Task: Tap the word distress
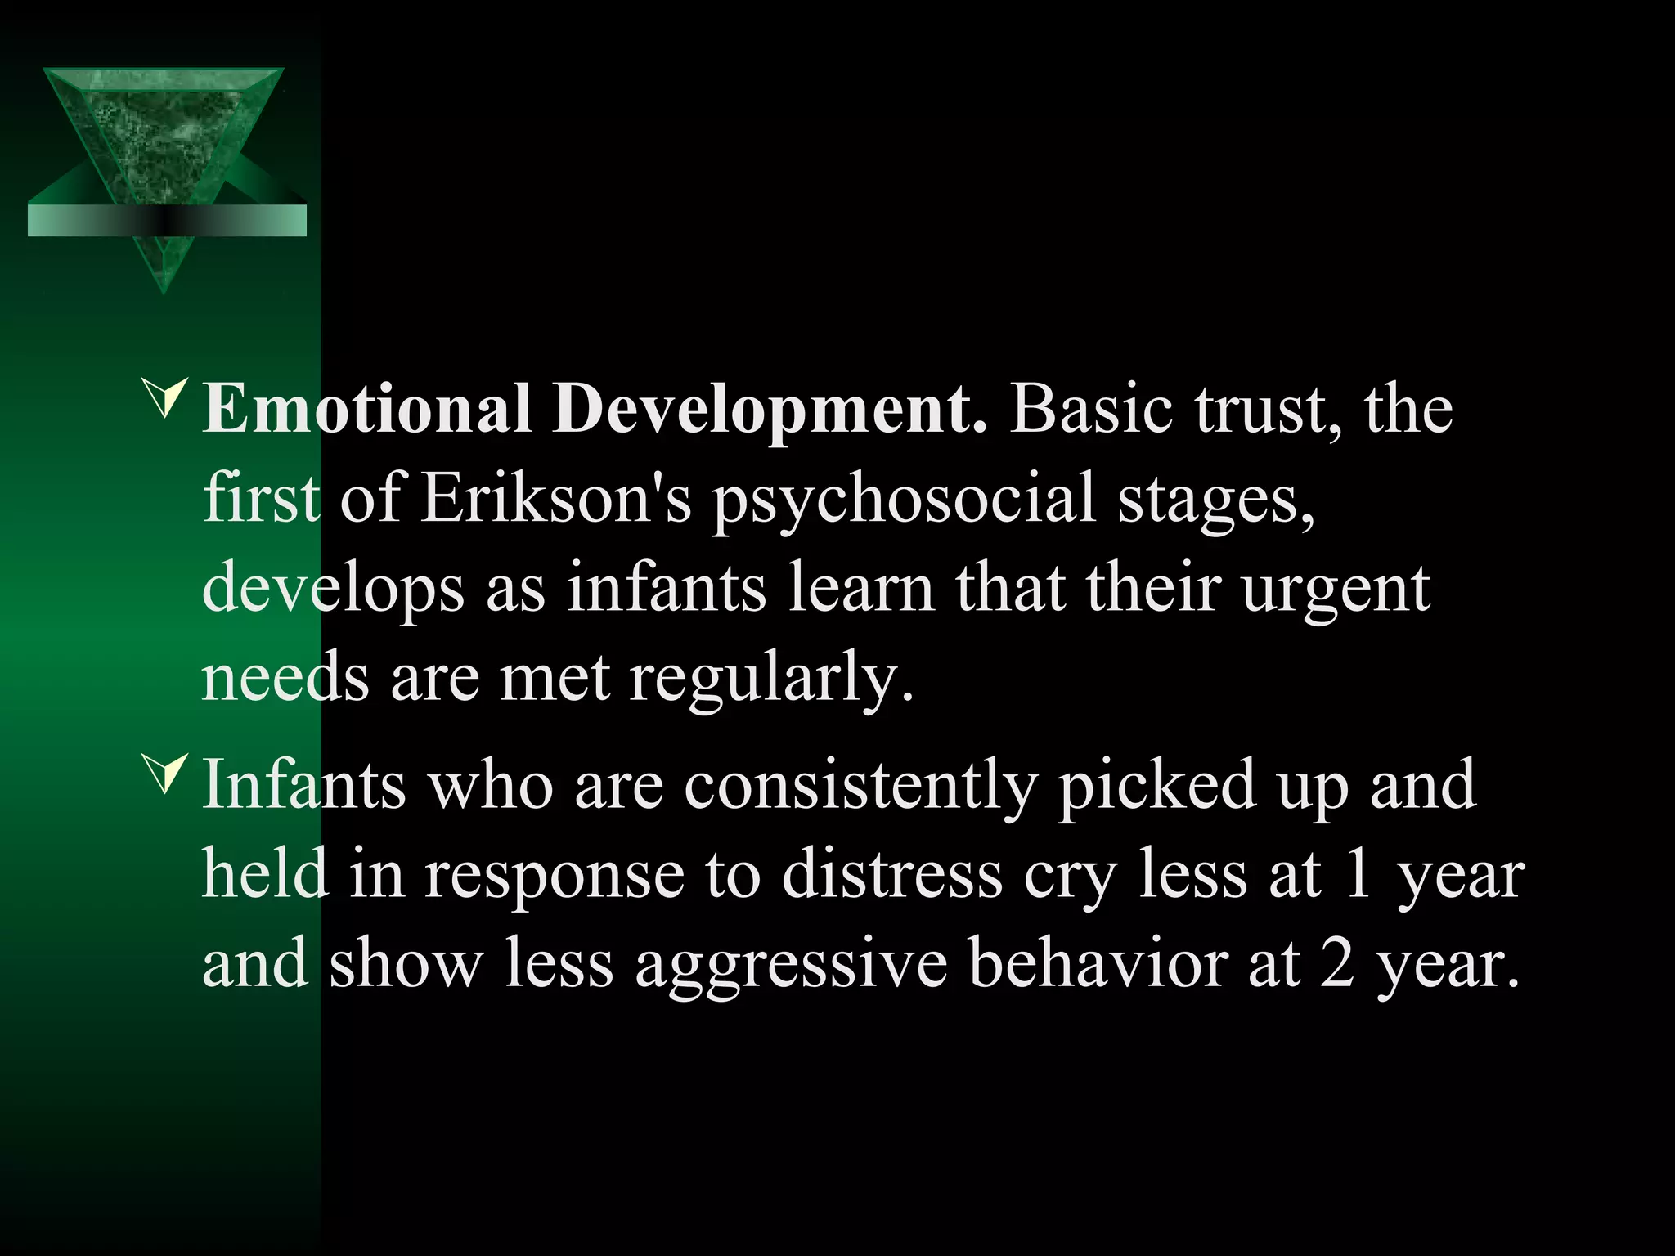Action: point(891,875)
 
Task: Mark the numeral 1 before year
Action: point(1358,875)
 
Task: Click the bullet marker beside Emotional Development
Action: point(165,398)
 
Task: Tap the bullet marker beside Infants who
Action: point(165,774)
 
